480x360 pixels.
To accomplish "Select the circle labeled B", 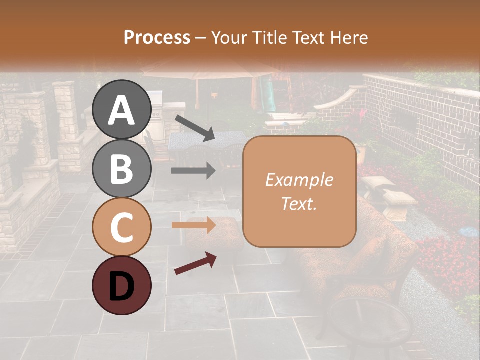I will click(x=122, y=169).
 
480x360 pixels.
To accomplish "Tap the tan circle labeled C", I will click(x=122, y=227).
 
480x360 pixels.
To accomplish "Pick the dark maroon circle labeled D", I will click(x=122, y=285).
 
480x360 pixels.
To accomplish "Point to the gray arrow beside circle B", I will click(x=194, y=171).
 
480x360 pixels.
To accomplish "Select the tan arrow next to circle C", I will click(x=194, y=225).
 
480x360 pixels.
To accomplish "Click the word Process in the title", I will click(x=157, y=37).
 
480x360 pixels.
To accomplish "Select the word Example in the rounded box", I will click(x=299, y=180).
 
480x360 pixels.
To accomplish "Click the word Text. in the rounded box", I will click(x=299, y=203).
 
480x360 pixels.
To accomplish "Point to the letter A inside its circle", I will click(x=122, y=111).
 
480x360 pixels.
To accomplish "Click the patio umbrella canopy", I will click(x=210, y=70).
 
